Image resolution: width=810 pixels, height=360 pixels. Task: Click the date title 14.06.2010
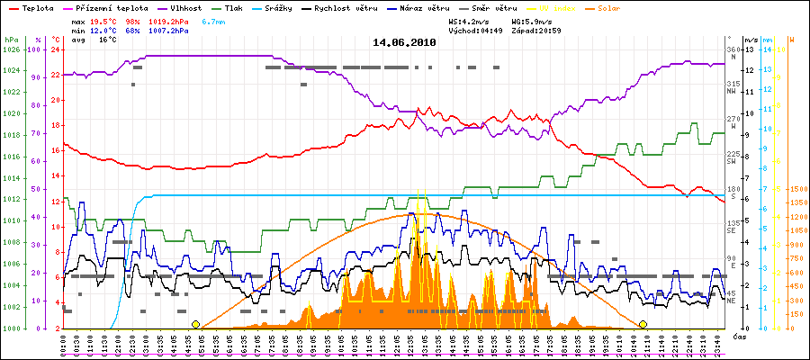[405, 42]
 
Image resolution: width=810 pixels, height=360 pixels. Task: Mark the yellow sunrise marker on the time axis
[196, 324]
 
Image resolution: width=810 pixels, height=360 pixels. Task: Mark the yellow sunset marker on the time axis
[643, 324]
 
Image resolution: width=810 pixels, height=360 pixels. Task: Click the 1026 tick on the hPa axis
[11, 49]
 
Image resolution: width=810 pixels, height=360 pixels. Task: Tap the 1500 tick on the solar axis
[798, 190]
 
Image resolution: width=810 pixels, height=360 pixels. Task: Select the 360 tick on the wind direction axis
[732, 49]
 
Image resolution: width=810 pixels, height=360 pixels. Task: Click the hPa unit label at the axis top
[11, 40]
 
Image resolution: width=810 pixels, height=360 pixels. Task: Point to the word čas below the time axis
[739, 337]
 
